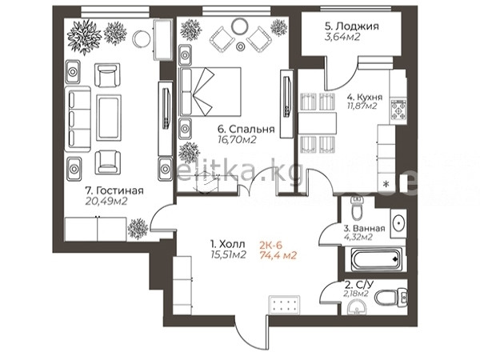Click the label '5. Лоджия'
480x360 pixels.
(x=352, y=26)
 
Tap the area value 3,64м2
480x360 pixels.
(x=342, y=37)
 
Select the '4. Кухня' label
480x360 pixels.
(x=364, y=97)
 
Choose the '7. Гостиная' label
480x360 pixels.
(x=114, y=190)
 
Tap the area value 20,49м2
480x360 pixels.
(x=106, y=201)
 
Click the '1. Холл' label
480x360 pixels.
(x=228, y=244)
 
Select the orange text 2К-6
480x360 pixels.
(x=270, y=245)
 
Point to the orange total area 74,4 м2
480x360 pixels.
(x=278, y=255)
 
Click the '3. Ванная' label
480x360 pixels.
(x=364, y=228)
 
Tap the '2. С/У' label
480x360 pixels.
(x=359, y=286)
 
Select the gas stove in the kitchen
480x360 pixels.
(x=398, y=110)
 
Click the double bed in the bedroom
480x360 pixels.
(x=210, y=92)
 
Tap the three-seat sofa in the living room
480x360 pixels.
(x=78, y=118)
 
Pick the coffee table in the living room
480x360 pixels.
(x=109, y=118)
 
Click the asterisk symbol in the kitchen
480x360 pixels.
(x=386, y=184)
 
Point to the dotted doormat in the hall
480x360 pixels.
(x=284, y=305)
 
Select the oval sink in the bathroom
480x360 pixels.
(x=398, y=223)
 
